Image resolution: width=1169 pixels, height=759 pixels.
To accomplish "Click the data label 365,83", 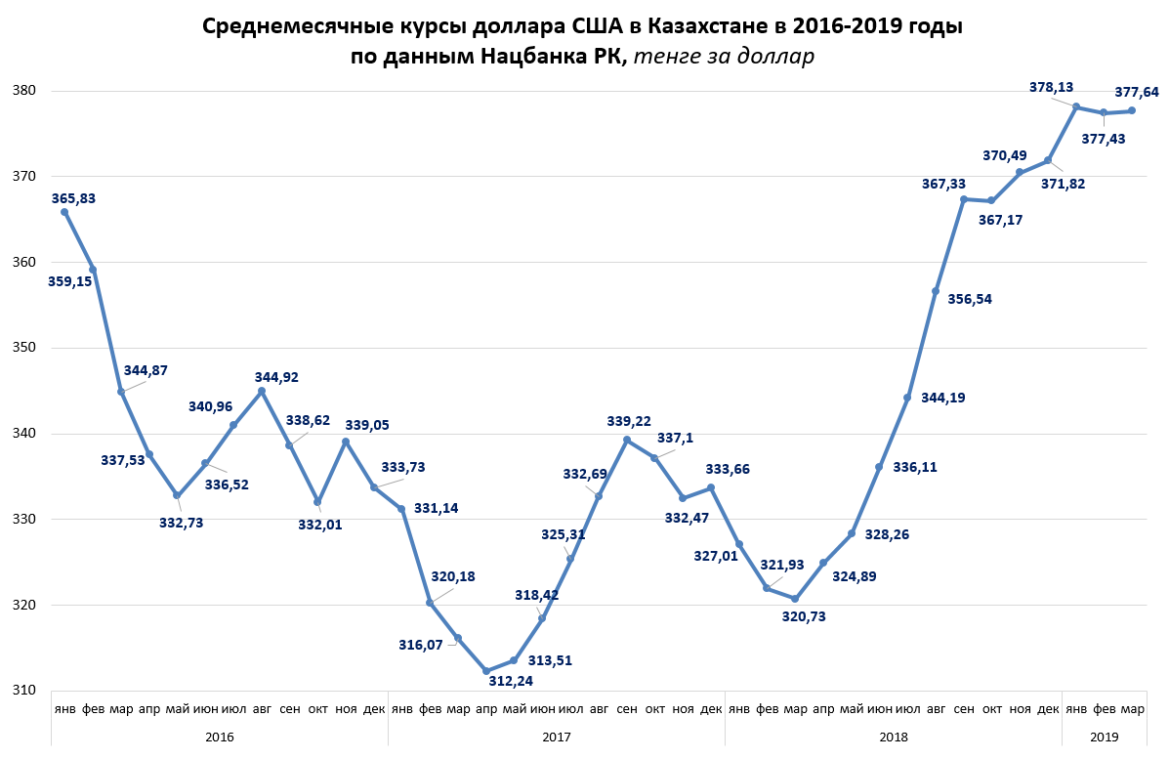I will click(x=73, y=198).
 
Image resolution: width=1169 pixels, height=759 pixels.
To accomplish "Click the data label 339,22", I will click(x=630, y=421).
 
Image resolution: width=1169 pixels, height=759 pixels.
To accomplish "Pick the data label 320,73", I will click(x=804, y=616).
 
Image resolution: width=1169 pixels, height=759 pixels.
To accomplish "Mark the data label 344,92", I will click(x=278, y=376).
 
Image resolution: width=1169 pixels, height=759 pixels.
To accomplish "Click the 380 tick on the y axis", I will click(x=23, y=91).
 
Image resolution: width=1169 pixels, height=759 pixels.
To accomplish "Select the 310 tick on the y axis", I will click(x=23, y=691).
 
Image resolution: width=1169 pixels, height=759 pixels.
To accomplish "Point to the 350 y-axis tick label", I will click(x=23, y=348).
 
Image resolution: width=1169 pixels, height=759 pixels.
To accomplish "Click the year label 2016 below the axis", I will click(x=219, y=737).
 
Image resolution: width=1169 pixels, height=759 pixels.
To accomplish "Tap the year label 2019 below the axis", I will click(x=1104, y=737).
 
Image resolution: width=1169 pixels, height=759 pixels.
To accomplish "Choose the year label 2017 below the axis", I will click(x=556, y=737).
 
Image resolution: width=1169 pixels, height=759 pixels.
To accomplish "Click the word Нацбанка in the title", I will click(x=535, y=57).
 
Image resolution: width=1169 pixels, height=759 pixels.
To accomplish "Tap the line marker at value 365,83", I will click(x=64, y=212).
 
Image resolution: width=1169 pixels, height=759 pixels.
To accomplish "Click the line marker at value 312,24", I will click(x=485, y=671).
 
